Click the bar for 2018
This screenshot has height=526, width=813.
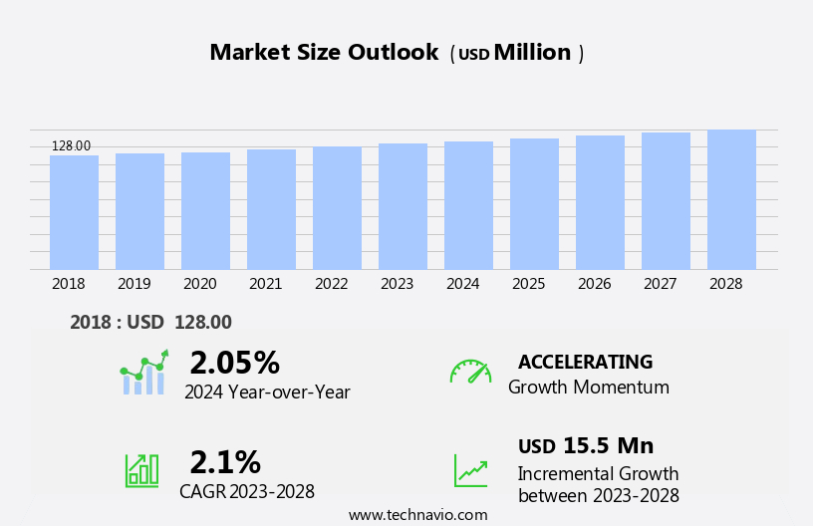[74, 212]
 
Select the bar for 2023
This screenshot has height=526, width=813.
[403, 206]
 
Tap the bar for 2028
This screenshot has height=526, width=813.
[731, 199]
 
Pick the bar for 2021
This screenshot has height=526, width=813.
[271, 209]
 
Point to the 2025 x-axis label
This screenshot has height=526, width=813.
[528, 284]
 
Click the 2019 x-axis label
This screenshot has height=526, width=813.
[134, 284]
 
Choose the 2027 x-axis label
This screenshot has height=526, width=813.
[660, 284]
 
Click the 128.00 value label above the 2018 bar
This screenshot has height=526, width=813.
[71, 146]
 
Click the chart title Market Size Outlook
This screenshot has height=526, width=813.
[324, 53]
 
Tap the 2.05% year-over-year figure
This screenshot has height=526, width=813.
[234, 363]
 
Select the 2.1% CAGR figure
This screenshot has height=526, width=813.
[225, 462]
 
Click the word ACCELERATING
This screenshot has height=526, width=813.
[585, 362]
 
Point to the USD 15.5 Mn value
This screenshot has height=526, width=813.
[586, 446]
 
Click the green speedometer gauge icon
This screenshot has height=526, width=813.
[470, 372]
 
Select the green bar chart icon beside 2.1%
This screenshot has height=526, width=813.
[141, 469]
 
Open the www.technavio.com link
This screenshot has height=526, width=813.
[417, 515]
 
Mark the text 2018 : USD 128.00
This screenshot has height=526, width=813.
[150, 323]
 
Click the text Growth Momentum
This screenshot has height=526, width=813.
[588, 388]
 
